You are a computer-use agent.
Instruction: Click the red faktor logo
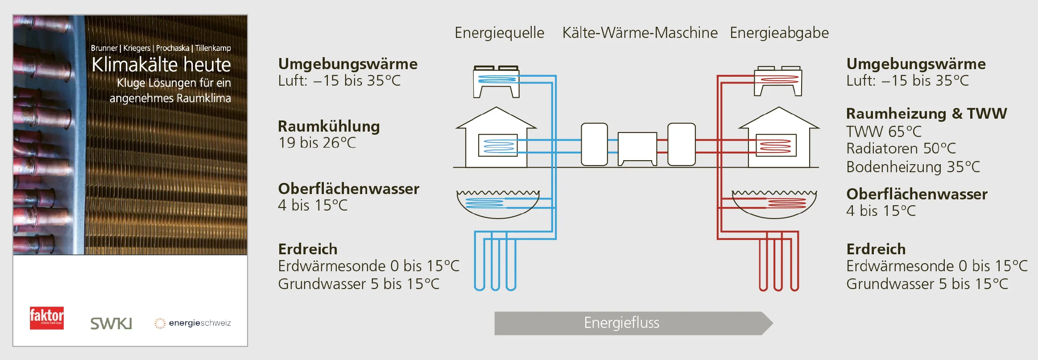click(47, 318)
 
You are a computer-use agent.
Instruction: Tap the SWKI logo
click(111, 323)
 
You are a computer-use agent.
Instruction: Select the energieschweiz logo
click(193, 323)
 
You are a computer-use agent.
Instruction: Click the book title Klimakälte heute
click(161, 65)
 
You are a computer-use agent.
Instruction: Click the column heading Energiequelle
click(499, 33)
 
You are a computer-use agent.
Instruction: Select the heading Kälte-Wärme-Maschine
click(640, 33)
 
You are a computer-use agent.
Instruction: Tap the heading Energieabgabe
click(779, 33)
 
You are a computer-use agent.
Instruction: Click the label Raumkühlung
click(329, 126)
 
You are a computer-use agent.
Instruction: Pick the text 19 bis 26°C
click(317, 143)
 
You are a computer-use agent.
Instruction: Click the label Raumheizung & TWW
click(926, 113)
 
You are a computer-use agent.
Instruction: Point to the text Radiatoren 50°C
click(901, 148)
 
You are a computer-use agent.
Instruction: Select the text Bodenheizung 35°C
click(913, 167)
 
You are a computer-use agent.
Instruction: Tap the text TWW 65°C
click(884, 132)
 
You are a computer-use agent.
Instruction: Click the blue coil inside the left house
click(498, 145)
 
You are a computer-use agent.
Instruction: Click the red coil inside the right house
click(776, 145)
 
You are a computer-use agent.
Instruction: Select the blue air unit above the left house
click(496, 80)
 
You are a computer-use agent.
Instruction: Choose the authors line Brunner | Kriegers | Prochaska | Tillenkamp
click(161, 48)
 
